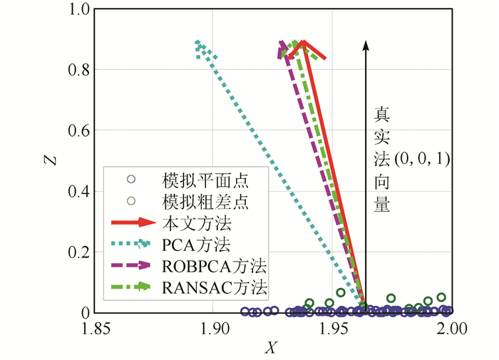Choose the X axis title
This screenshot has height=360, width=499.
270,348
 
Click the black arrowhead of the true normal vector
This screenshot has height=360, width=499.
366,45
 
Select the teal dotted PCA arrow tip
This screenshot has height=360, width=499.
199,46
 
